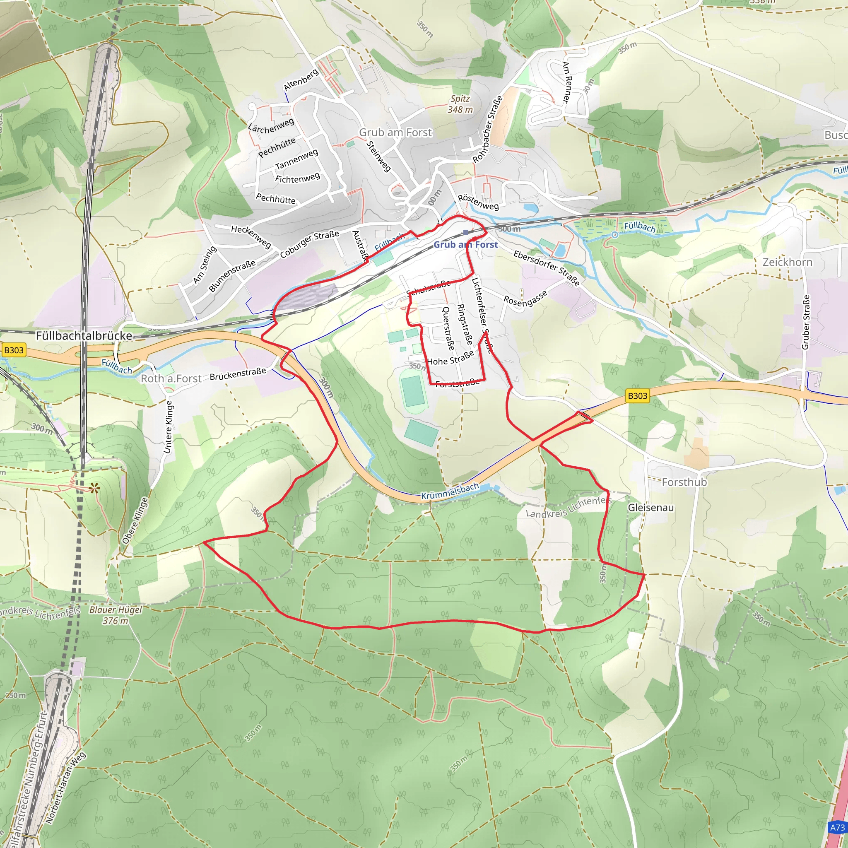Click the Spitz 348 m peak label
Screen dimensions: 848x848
(460, 104)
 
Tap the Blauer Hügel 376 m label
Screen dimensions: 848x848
(116, 615)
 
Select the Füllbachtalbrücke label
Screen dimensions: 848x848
(84, 336)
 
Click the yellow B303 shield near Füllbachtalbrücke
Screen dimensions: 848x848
(14, 350)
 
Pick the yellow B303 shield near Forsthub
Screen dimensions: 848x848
(637, 396)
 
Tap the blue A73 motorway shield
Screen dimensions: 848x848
(837, 827)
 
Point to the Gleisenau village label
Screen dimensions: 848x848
(650, 507)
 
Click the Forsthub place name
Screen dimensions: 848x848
(684, 482)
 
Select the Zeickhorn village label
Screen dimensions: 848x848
(788, 262)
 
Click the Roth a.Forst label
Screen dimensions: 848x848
(171, 378)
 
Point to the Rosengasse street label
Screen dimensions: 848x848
(525, 299)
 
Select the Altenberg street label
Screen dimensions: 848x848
(301, 80)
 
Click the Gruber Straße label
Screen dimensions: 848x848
(805, 322)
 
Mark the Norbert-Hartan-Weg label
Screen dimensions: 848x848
(65, 787)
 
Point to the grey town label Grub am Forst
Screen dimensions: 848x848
(395, 132)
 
